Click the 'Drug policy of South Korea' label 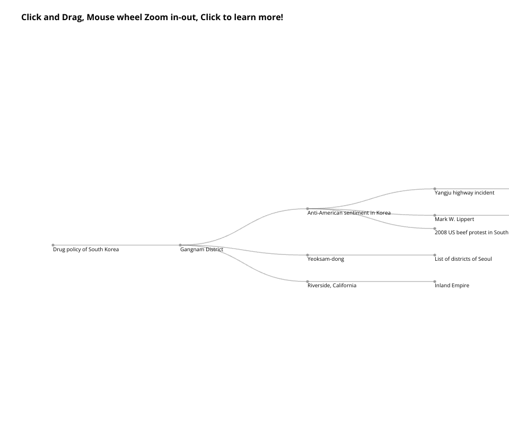pos(86,250)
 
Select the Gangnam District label pos(201,250)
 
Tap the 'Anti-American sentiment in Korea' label pos(349,213)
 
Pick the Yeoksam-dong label pos(326,259)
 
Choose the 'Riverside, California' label pos(332,286)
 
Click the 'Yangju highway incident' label pos(464,193)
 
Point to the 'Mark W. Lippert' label pos(454,219)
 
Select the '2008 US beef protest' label pos(472,233)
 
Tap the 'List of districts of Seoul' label pos(463,259)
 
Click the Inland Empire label pos(452,286)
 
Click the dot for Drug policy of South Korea pos(53,245)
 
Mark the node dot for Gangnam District pos(180,245)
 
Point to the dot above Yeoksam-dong pos(308,255)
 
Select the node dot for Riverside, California pos(308,281)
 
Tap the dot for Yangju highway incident pos(435,189)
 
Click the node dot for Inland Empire pos(435,281)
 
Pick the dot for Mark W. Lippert pos(435,215)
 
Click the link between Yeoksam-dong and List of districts pos(371,255)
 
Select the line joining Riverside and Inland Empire pos(371,281)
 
